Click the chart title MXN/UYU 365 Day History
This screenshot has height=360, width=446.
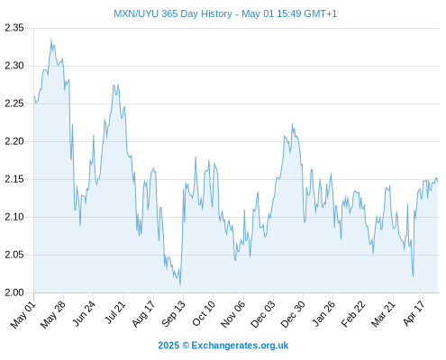click(x=173, y=13)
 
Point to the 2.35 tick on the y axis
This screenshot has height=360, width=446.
click(x=14, y=28)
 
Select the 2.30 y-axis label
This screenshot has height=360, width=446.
click(x=14, y=66)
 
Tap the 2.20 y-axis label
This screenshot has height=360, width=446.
click(x=14, y=141)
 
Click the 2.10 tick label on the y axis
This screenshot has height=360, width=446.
click(x=14, y=217)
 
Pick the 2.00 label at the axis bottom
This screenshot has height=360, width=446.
click(x=14, y=292)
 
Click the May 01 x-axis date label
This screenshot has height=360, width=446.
click(x=23, y=315)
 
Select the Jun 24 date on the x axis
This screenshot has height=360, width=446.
click(x=85, y=313)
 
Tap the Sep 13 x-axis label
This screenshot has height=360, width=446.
click(x=174, y=314)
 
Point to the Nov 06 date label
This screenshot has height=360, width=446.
click(x=233, y=314)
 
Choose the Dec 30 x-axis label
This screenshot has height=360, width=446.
click(x=293, y=314)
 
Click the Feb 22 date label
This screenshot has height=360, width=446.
click(x=353, y=314)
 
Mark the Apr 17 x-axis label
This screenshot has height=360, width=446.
click(x=414, y=313)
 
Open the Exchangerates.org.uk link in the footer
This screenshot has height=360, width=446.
click(x=240, y=346)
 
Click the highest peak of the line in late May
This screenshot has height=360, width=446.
click(x=51, y=39)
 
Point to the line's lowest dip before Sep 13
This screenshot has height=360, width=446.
click(x=180, y=284)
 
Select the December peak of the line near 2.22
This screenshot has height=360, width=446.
click(x=292, y=123)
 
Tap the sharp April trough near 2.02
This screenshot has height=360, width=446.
click(x=414, y=276)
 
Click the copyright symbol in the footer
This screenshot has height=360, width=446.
click(x=186, y=346)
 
